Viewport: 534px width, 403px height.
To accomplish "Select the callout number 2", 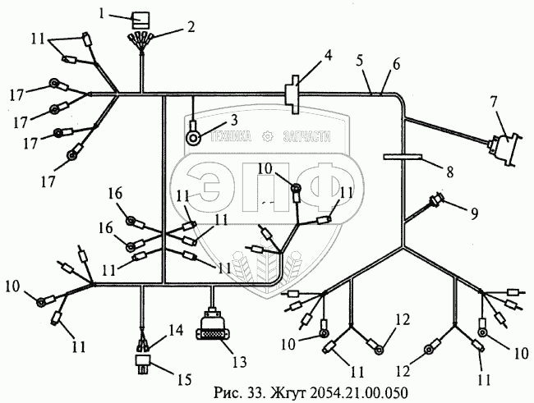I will (191, 27).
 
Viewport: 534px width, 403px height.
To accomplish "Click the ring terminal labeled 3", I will (194, 136).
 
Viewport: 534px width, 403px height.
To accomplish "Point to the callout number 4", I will (328, 56).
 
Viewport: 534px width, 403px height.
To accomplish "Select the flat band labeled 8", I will (403, 156).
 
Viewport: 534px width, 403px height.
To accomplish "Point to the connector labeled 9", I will (436, 200).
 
